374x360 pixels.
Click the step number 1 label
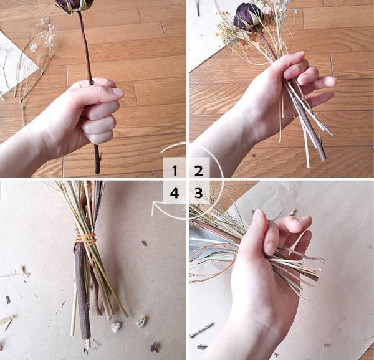[175, 169]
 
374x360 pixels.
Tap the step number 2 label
[198, 169]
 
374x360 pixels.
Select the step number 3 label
[198, 193]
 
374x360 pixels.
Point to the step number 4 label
[175, 193]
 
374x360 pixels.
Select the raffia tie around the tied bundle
[87, 239]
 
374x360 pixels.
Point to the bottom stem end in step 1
[97, 166]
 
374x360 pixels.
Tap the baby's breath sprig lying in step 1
[37, 50]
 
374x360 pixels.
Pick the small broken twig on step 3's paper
[203, 329]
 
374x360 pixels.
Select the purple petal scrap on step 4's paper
[154, 346]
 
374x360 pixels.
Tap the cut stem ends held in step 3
[312, 268]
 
